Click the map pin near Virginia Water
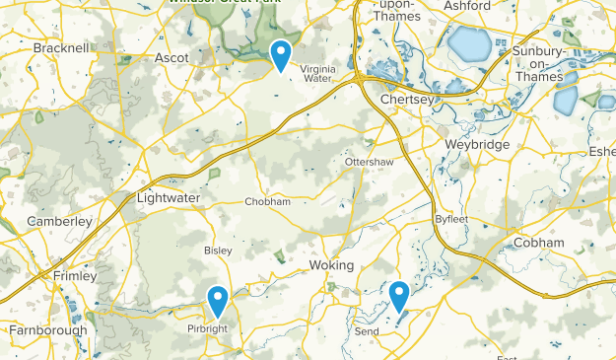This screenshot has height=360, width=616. [x=281, y=55]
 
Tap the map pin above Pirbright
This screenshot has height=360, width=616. [x=218, y=299]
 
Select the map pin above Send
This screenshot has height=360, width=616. [x=399, y=295]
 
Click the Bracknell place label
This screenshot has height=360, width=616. [x=61, y=47]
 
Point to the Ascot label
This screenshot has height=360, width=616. [x=171, y=58]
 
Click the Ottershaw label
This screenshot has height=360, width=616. [x=370, y=161]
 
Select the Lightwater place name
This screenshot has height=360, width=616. [x=169, y=198]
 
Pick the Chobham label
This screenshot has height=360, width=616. [x=268, y=201]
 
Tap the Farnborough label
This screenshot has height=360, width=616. [x=47, y=330]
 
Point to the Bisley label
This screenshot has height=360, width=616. [x=218, y=251]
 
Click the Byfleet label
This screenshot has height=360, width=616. [x=449, y=219]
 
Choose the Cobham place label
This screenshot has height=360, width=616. [x=538, y=243]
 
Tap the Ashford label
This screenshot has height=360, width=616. [x=467, y=6]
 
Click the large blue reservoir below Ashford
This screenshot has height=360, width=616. [x=468, y=44]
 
